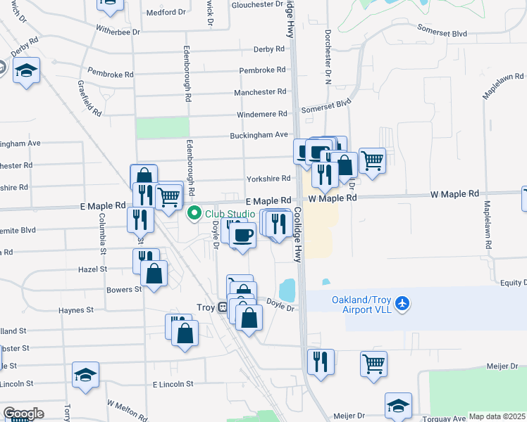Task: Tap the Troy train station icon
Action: (x=222, y=307)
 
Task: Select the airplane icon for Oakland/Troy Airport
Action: (x=402, y=304)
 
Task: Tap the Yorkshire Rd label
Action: (x=268, y=179)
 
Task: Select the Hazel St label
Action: (x=93, y=269)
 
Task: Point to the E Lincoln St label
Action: (x=173, y=384)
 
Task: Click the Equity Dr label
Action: (x=514, y=283)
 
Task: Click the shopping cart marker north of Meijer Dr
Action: (x=373, y=364)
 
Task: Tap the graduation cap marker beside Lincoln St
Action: (x=85, y=374)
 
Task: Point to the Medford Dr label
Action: (x=166, y=12)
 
